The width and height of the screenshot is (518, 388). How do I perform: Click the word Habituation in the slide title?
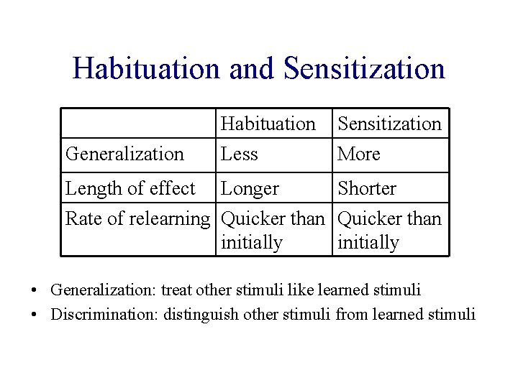[147, 69]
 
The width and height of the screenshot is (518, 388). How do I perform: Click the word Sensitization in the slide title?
[364, 69]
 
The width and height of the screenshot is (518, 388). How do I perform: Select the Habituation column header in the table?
[268, 124]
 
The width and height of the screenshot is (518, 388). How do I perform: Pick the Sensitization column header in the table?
[389, 124]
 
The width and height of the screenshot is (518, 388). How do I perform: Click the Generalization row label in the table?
[124, 154]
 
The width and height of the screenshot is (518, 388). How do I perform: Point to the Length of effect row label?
[130, 188]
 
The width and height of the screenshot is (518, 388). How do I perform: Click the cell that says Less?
[239, 154]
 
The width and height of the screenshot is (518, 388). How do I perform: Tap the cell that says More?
[358, 154]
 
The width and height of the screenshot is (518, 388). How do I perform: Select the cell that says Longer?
[250, 188]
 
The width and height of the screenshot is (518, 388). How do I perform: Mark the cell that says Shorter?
[367, 188]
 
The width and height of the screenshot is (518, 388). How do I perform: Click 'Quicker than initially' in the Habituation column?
[273, 230]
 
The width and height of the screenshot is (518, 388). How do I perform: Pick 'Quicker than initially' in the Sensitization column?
[389, 230]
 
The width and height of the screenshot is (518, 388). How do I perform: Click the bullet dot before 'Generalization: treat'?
[35, 291]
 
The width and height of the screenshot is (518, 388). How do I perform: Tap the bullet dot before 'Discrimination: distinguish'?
[35, 315]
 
